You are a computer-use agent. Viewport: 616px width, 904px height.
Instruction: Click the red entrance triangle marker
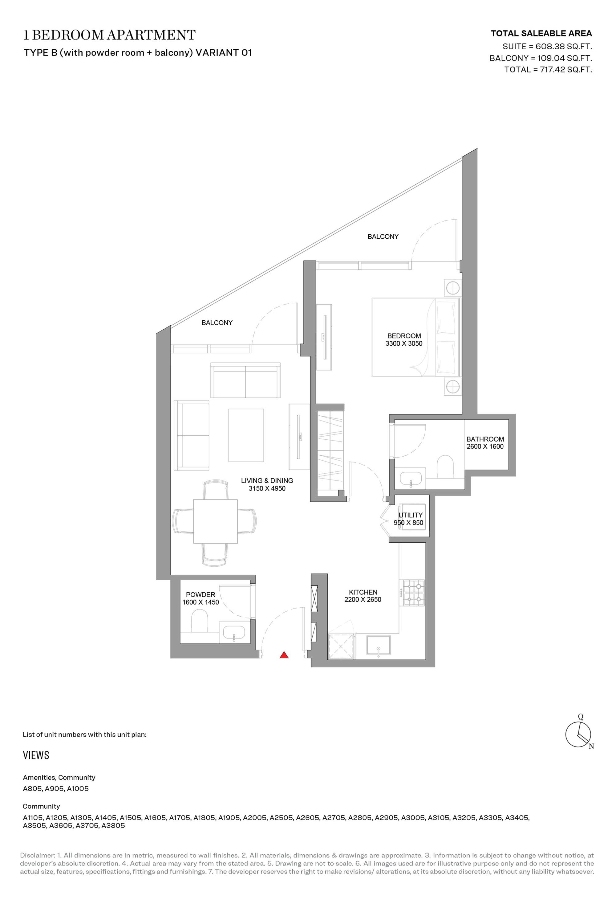tap(284, 655)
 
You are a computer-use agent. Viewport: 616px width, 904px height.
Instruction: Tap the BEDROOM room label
tap(404, 336)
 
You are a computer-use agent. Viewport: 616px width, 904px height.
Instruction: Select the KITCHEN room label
tap(363, 592)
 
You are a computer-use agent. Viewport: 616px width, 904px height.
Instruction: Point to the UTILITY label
tap(410, 515)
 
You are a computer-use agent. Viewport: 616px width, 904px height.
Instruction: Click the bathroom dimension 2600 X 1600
tap(485, 446)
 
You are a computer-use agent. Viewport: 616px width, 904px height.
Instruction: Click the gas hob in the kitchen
tap(414, 593)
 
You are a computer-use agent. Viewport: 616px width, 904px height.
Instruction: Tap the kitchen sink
tap(379, 646)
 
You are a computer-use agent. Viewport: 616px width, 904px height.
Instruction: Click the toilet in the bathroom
tap(445, 467)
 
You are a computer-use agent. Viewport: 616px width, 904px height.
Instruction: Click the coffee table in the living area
tap(246, 435)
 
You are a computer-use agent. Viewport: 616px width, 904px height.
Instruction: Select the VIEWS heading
tap(36, 755)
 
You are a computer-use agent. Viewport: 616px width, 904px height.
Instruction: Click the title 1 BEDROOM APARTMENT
tap(109, 35)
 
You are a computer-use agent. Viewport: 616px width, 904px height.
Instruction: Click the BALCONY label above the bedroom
tap(383, 236)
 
